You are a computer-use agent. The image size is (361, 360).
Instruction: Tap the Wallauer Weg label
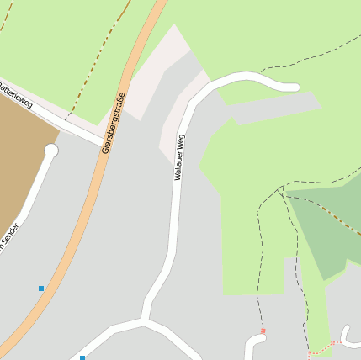pyautogui.click(x=179, y=156)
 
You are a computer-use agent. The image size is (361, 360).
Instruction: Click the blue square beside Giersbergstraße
pyautogui.click(x=41, y=289)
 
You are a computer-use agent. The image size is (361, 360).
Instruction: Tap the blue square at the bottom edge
pyautogui.click(x=82, y=357)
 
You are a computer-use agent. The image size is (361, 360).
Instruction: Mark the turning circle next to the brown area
pyautogui.click(x=51, y=151)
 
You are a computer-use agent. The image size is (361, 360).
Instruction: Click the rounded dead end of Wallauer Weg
pyautogui.click(x=293, y=86)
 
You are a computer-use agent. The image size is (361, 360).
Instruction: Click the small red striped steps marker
pyautogui.click(x=263, y=331)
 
